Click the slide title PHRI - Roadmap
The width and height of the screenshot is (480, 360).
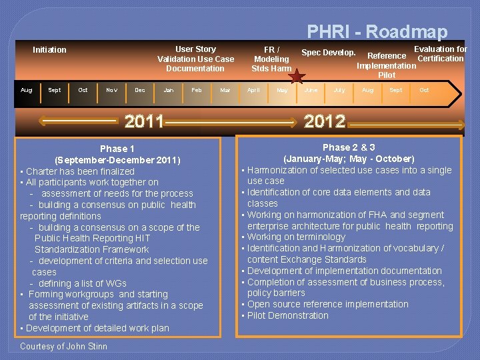(x=377, y=31)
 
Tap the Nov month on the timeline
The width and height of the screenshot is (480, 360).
(x=111, y=90)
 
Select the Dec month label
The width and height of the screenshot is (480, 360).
(x=140, y=90)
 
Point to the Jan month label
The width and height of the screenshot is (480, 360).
(x=169, y=90)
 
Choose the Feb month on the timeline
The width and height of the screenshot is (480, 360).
(x=197, y=90)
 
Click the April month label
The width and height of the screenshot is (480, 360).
(x=253, y=90)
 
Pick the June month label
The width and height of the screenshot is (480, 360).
(x=311, y=90)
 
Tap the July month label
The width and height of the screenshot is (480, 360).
(x=339, y=90)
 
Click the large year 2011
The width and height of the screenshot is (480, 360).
(x=144, y=121)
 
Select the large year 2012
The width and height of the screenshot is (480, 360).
(x=325, y=121)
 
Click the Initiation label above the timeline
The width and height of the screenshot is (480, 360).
(x=50, y=50)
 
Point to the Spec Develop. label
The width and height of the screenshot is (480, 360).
(x=328, y=53)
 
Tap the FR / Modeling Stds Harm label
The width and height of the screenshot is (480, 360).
(x=271, y=59)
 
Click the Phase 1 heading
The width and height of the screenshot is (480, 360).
(x=117, y=149)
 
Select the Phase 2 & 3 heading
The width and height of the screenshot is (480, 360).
(x=349, y=147)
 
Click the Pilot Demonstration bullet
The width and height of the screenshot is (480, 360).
(x=288, y=315)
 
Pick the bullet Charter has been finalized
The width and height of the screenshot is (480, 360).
(x=80, y=171)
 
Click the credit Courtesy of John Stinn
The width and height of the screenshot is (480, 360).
(x=63, y=346)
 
